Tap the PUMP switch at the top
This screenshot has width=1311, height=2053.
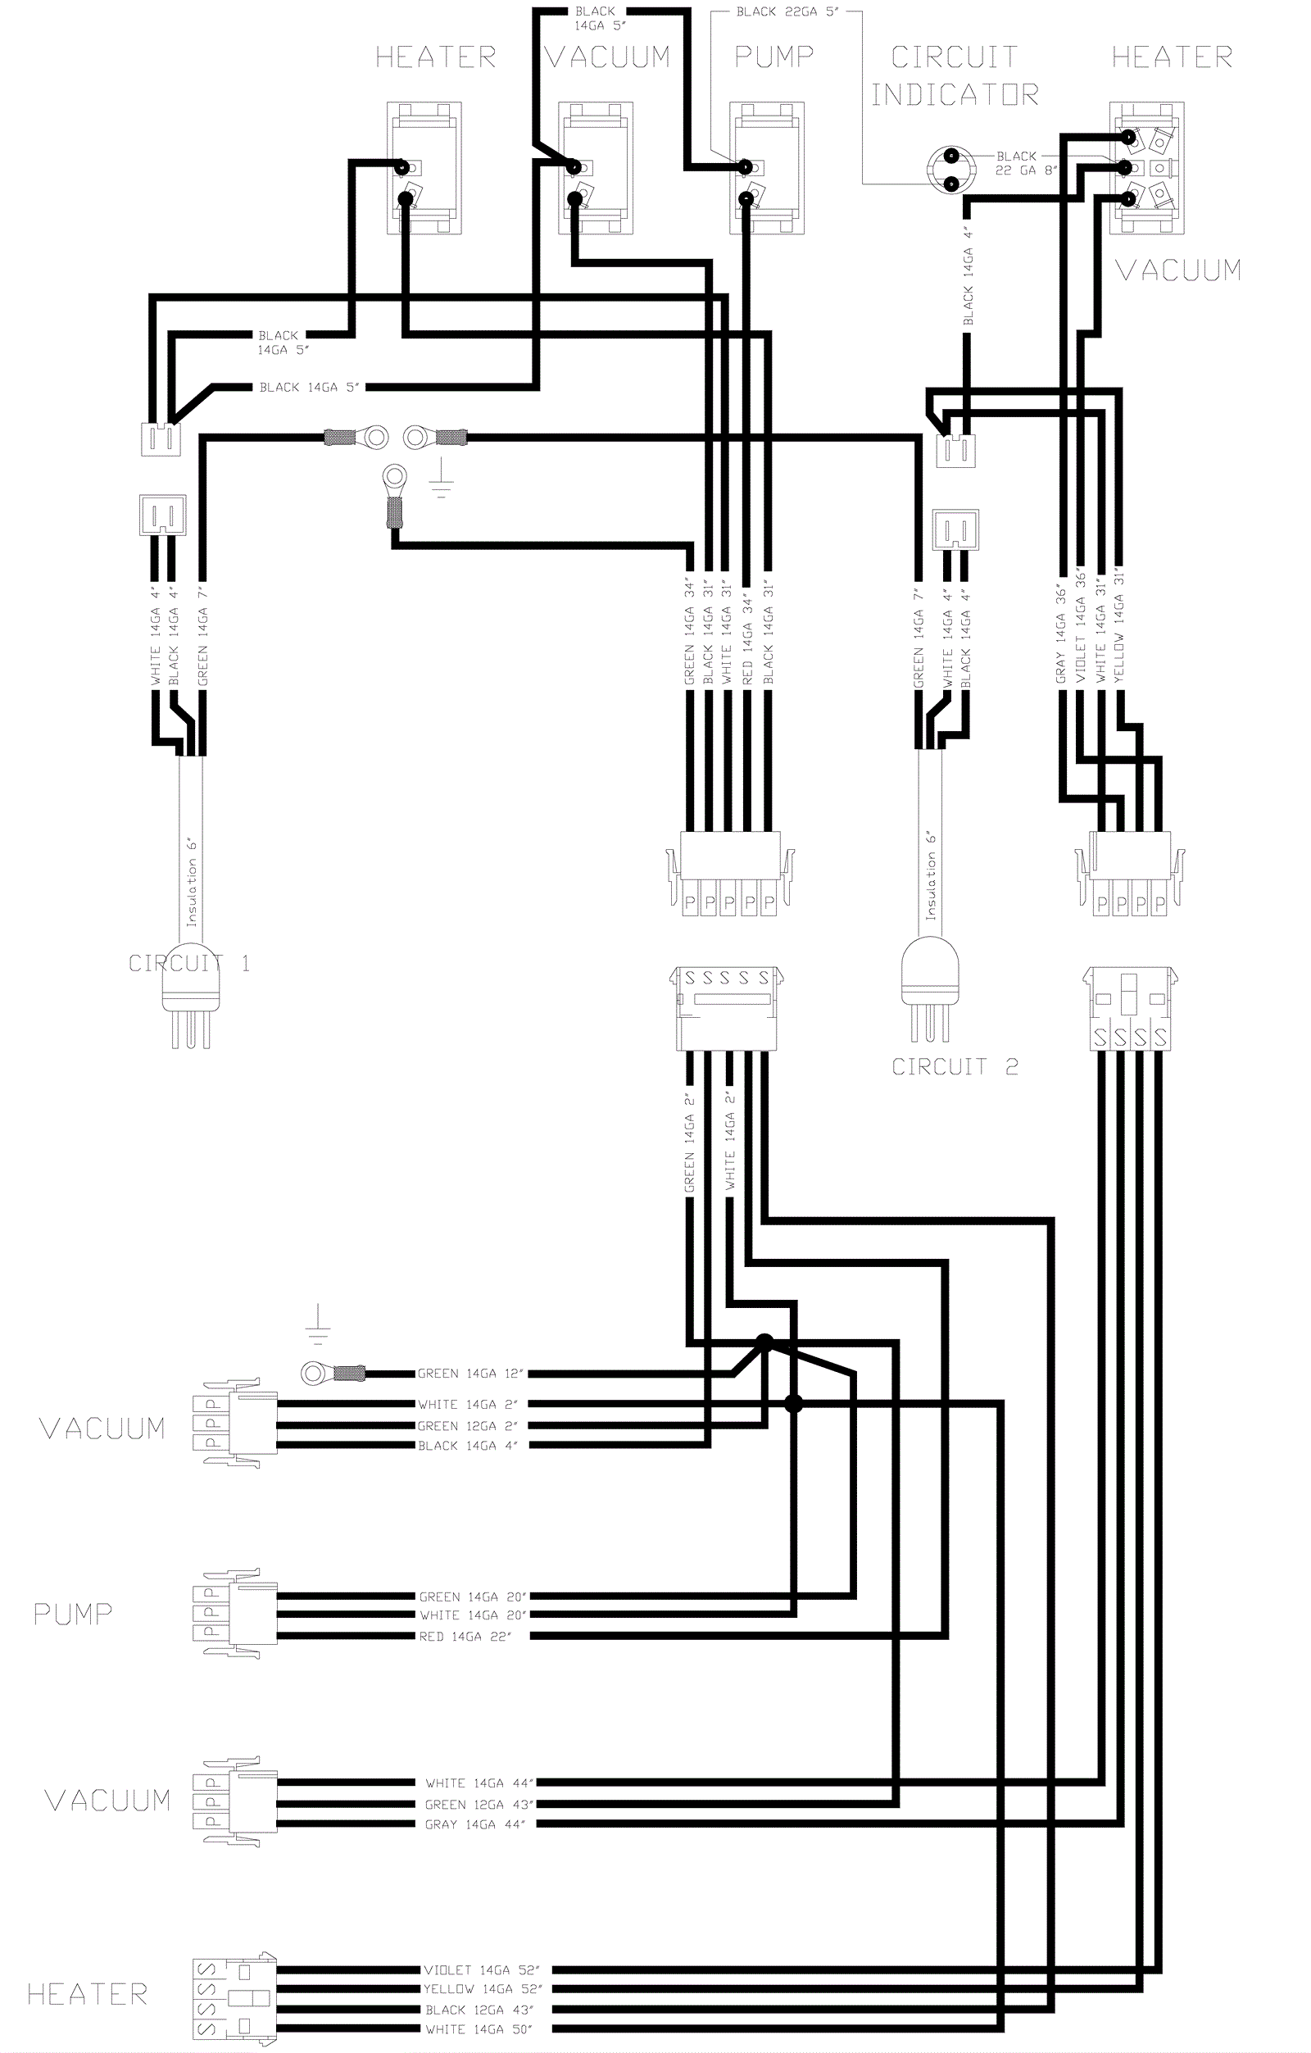pos(766,168)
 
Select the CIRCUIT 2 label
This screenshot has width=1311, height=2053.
pos(955,1066)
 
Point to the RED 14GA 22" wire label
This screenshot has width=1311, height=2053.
pos(465,1636)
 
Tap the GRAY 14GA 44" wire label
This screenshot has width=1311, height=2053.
pos(474,1824)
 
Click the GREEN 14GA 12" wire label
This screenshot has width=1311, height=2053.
pos(470,1374)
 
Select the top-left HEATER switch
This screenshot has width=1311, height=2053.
pos(424,168)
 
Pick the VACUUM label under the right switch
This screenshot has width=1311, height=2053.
pos(1178,270)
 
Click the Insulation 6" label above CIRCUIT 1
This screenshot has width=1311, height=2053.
pos(193,882)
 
